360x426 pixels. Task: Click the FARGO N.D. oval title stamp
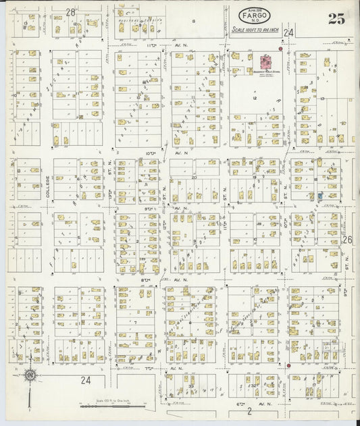click(251, 14)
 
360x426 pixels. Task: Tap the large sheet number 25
click(336, 19)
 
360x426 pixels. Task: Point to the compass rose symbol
click(30, 375)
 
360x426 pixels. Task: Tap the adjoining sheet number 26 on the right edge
click(347, 240)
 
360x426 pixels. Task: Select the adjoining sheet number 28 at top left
click(70, 12)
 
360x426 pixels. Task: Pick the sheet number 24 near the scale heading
click(289, 32)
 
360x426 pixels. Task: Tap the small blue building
click(319, 196)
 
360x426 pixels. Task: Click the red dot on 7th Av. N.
click(288, 365)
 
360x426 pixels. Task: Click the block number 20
click(194, 177)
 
